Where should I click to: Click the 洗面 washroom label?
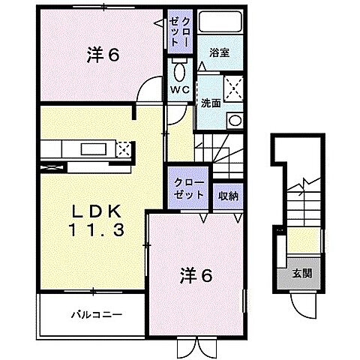tap(210, 103)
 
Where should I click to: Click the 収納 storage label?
tap(228, 196)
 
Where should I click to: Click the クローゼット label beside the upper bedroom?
tap(181, 33)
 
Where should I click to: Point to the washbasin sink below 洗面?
tap(235, 121)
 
